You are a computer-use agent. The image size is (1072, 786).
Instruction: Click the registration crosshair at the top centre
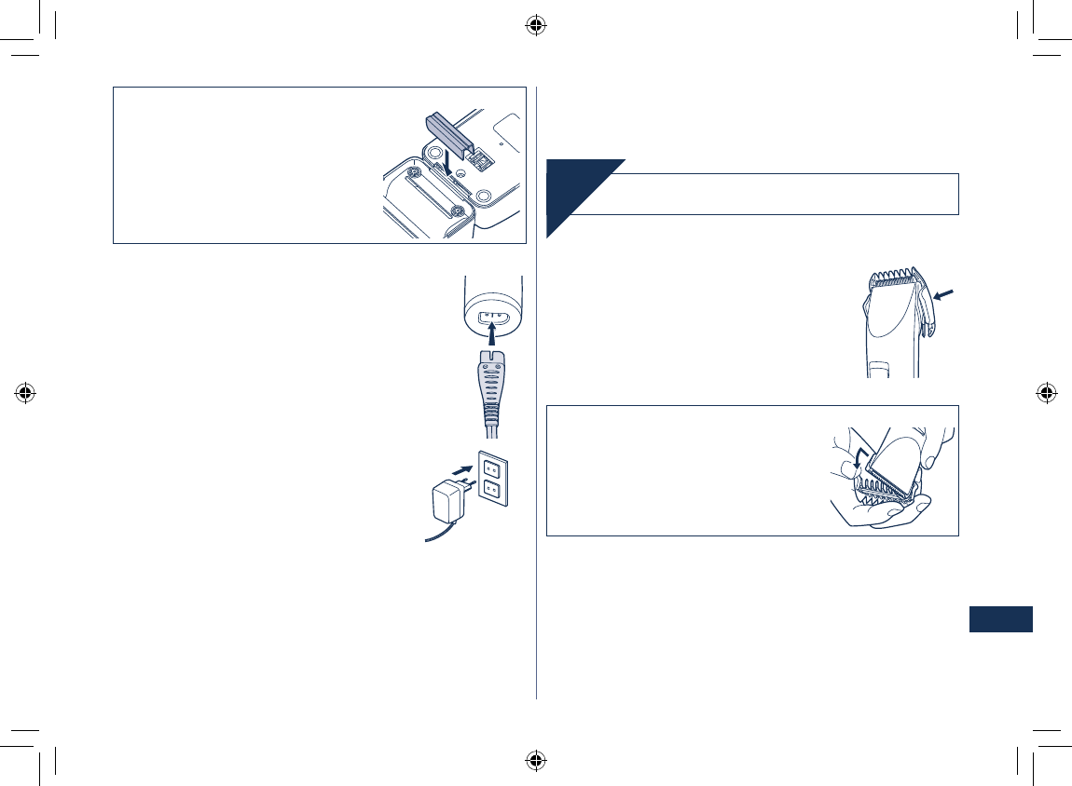[x=535, y=26]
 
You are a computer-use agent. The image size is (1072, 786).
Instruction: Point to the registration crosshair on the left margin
[x=26, y=392]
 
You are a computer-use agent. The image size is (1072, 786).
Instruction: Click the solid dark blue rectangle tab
[x=1000, y=619]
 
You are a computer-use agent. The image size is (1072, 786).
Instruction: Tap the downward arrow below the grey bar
[x=449, y=164]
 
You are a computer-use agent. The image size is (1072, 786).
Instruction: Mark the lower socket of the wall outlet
[x=493, y=490]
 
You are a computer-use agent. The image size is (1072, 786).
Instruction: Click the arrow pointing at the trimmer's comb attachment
[x=943, y=295]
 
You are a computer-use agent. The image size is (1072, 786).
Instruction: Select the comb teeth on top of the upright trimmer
[x=893, y=278]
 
